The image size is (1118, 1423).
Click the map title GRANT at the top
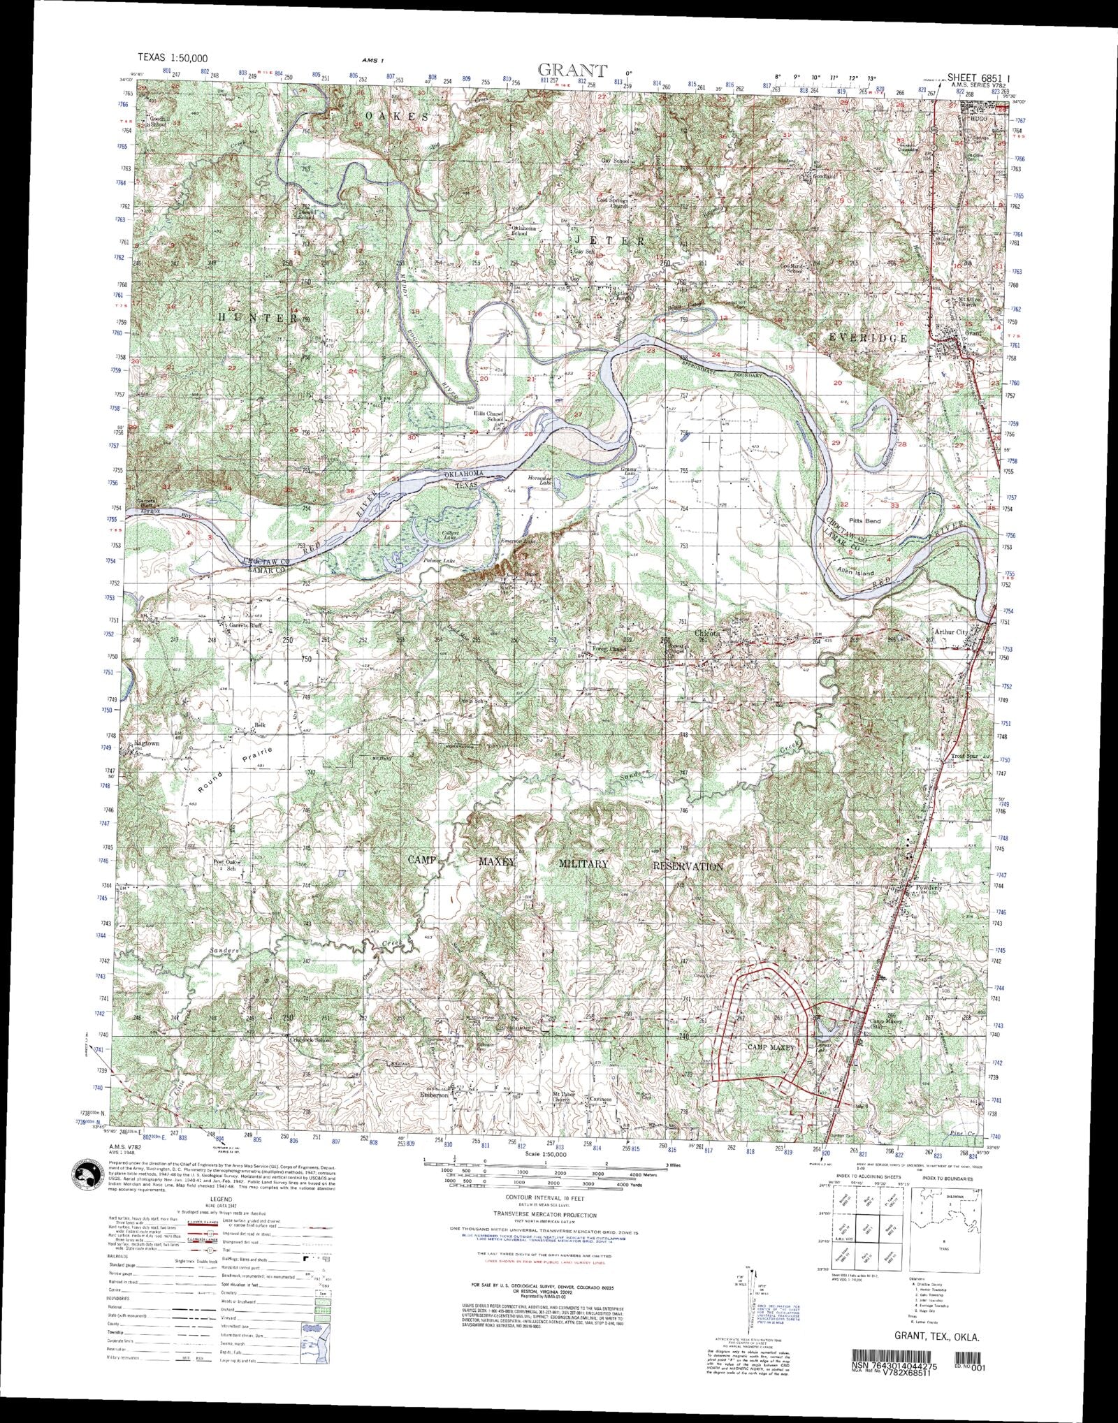point(572,70)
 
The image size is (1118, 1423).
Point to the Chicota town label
point(708,633)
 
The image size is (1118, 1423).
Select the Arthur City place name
point(952,632)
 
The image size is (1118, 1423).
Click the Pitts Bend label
point(864,521)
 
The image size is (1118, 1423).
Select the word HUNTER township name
point(258,318)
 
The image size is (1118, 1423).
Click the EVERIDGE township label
point(867,337)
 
